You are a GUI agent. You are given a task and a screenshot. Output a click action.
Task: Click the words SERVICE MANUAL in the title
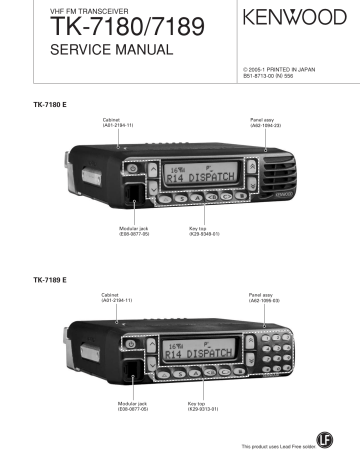91,50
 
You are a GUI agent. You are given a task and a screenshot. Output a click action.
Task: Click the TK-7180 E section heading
52,104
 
